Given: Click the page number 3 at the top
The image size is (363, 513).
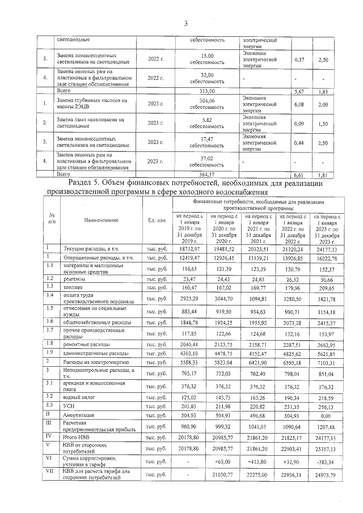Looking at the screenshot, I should click(x=185, y=23).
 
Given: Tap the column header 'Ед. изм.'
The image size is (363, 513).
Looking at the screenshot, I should click(x=156, y=219).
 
